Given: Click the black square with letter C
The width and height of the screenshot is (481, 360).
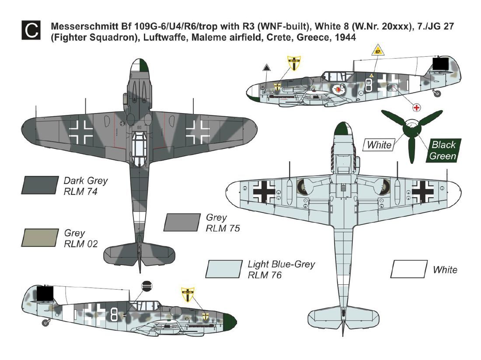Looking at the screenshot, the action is point(31,30).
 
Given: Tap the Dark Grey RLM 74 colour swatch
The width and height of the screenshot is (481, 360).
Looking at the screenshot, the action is point(40,185).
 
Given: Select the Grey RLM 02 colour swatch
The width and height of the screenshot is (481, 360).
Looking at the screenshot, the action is point(40,237).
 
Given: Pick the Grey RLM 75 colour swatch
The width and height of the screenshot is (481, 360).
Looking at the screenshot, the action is point(182,222).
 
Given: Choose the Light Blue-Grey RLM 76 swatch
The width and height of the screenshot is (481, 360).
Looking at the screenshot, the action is point(224,269).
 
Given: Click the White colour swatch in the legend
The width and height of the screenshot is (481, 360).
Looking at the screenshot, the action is point(409,269).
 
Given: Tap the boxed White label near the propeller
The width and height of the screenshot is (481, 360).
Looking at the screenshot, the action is point(379,145).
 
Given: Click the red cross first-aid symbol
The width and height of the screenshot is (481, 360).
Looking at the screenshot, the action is point(416,107).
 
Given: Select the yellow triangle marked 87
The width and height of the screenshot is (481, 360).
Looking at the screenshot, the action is point(378,51).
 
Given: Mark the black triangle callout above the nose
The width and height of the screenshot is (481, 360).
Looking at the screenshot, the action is point(267,68).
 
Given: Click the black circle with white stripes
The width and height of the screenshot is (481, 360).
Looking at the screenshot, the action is point(146,286).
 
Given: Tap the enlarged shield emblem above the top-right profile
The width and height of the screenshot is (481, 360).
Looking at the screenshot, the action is point(294,63).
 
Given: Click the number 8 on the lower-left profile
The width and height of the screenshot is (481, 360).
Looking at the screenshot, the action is point(114,315).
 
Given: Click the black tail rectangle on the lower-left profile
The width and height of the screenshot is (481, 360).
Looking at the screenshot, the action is point(45,293).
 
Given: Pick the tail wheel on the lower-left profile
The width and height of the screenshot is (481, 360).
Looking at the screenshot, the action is point(46,322).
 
